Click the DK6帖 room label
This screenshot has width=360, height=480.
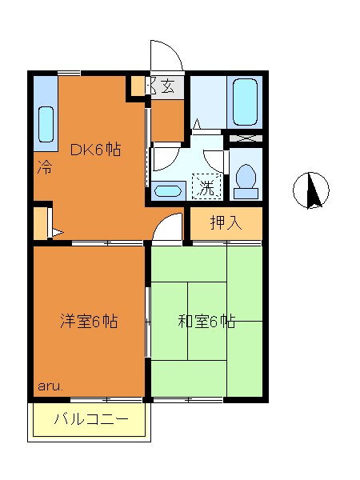(95, 149)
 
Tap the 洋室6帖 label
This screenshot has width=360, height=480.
(89, 322)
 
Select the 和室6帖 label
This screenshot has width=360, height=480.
(206, 322)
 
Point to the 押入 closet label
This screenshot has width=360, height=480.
(226, 223)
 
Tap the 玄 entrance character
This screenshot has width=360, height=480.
(168, 86)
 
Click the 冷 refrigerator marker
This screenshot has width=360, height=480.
(45, 169)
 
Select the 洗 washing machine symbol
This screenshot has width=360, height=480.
(207, 188)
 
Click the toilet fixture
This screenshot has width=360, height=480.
(246, 180)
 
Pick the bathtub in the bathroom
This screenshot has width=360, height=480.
(245, 102)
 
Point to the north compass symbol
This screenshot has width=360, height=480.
(312, 190)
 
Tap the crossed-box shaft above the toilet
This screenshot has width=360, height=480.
(246, 138)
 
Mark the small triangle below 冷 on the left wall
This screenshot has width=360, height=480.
(57, 233)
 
